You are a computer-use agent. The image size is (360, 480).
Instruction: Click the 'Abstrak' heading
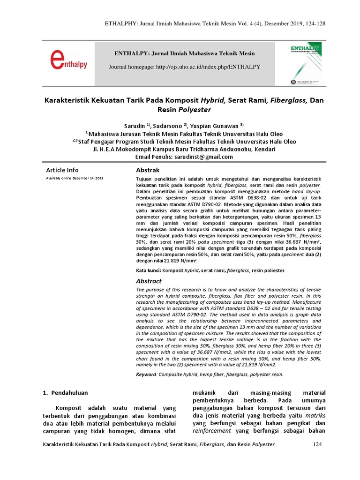pyautogui.click(x=148, y=170)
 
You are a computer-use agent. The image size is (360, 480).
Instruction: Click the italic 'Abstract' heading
pyautogui.click(x=149, y=281)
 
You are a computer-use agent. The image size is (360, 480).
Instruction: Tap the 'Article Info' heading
pyautogui.click(x=62, y=170)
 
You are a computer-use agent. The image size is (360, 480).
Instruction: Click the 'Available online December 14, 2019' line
pyautogui.click(x=75, y=179)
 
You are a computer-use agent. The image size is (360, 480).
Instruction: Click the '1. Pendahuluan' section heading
pyautogui.click(x=66, y=392)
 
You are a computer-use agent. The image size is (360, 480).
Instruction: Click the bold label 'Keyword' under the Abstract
pyautogui.click(x=146, y=375)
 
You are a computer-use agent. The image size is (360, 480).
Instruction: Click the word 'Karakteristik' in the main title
pyautogui.click(x=68, y=100)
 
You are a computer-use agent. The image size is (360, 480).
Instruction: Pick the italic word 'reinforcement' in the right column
pyautogui.click(x=212, y=430)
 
